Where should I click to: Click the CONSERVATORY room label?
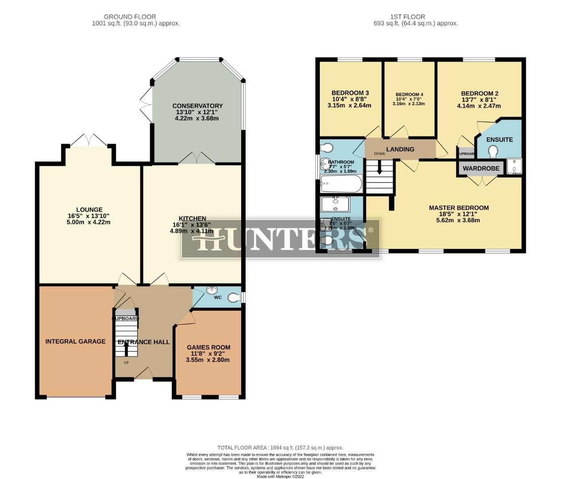[x=197, y=106]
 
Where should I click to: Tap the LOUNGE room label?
[x=89, y=210]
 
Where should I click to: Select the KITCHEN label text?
[x=192, y=218]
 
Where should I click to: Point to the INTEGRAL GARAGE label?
[x=76, y=342]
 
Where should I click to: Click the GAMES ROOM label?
[x=208, y=347]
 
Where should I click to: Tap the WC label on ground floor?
[x=218, y=297]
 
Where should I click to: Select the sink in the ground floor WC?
[x=213, y=291]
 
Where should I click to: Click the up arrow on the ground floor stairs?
[x=126, y=349]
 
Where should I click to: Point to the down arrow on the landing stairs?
[x=379, y=169]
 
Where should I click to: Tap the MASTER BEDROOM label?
[x=459, y=208]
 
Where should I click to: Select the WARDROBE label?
[x=481, y=169]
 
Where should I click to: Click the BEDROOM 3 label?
[x=350, y=93]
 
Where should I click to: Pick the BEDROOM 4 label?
[x=409, y=94]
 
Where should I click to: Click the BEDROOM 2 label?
[x=480, y=94]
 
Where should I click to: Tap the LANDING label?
[x=400, y=149]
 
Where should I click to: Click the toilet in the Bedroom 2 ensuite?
[x=493, y=153]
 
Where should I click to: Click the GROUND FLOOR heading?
[x=130, y=17]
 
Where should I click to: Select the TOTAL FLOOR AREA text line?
[x=280, y=448]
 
